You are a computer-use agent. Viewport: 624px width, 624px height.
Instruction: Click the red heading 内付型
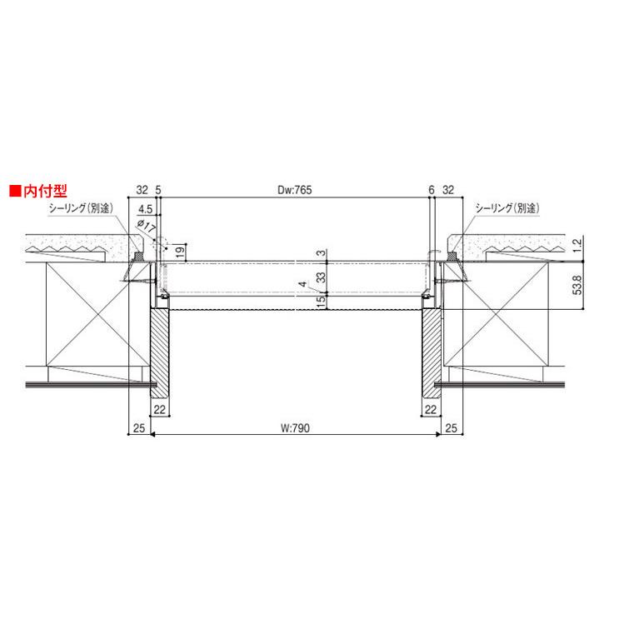click(45, 191)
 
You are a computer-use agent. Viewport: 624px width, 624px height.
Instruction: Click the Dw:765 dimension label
click(294, 190)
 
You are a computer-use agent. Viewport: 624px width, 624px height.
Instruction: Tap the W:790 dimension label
click(295, 428)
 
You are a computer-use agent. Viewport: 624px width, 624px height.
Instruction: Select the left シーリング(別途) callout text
click(81, 207)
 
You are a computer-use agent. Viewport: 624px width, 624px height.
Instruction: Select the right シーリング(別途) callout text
click(507, 207)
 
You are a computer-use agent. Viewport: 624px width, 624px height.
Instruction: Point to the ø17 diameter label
click(146, 226)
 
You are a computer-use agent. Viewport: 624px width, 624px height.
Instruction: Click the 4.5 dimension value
click(145, 209)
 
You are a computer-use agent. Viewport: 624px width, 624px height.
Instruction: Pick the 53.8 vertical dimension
click(577, 285)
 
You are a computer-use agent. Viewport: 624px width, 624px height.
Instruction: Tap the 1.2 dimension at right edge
click(577, 243)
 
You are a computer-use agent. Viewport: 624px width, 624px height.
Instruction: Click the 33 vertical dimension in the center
click(321, 277)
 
